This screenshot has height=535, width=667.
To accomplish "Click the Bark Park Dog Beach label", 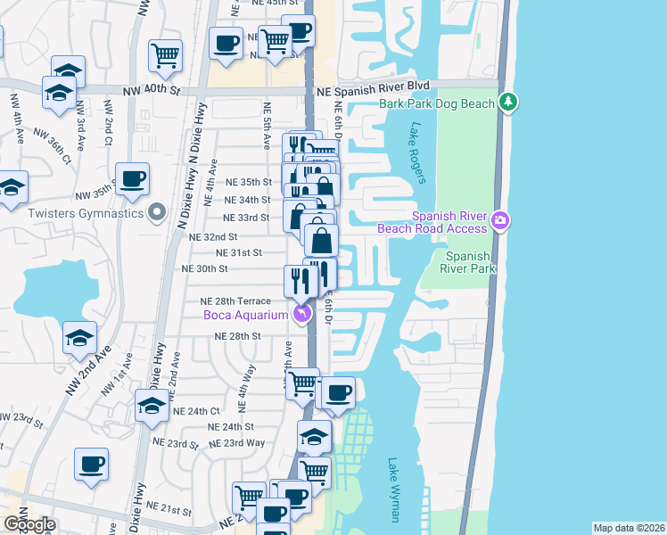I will pos(436,103).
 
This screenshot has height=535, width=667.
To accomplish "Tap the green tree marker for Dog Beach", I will pos(508,102).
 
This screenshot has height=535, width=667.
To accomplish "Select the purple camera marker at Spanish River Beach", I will pos(500,219).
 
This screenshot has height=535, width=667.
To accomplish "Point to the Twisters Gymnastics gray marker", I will pos(157,212).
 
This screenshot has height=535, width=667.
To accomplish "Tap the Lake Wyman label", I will pos(394,490).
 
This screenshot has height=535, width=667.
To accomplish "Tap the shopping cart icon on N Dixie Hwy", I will pos(166,55).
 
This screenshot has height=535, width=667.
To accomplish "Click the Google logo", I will pos(29,524).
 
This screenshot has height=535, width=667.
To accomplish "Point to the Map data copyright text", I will pos(629,528).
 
